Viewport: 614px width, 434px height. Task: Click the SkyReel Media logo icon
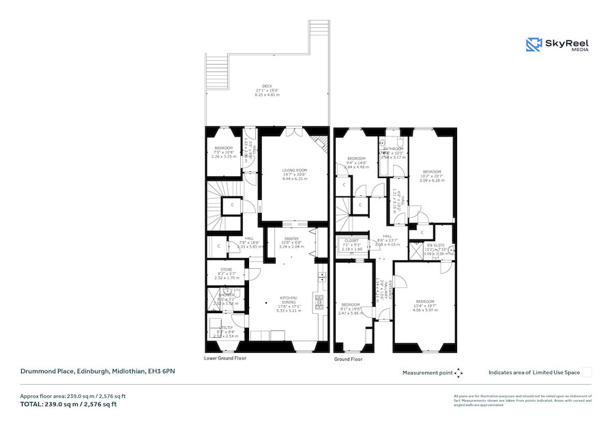533,44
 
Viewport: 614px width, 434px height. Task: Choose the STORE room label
225,270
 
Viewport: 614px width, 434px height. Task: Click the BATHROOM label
394,148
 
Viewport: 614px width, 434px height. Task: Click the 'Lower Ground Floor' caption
224,358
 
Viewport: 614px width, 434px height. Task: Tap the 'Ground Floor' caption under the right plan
348,359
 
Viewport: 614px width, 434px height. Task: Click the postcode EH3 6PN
163,371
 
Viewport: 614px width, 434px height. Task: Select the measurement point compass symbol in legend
458,373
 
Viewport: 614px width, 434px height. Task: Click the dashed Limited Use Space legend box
587,373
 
